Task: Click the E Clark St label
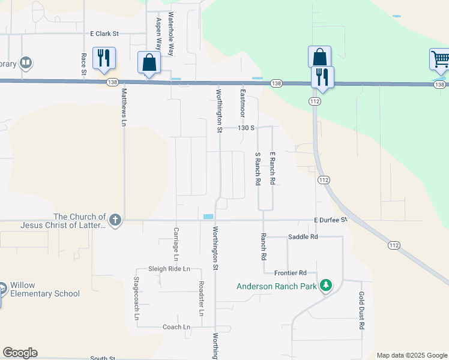[x=105, y=34]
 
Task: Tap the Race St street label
[x=83, y=64]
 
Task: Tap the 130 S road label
[x=246, y=128]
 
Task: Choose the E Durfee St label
[x=331, y=220]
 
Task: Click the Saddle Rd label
[x=303, y=237]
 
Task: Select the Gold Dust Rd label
[x=362, y=311]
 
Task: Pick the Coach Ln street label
[x=176, y=327]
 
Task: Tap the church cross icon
[x=115, y=221]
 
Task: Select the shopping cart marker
[x=440, y=60]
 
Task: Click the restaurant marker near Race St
[x=104, y=58]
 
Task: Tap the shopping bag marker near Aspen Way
[x=149, y=62]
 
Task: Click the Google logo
[x=20, y=353]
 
